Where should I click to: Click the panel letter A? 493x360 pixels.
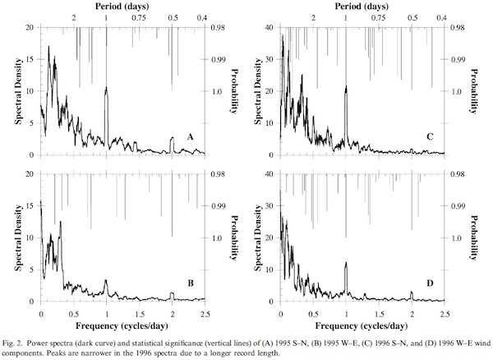click(190, 136)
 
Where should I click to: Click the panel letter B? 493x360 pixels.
click(190, 284)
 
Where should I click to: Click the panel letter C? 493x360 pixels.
click(430, 136)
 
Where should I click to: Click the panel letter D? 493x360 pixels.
click(430, 284)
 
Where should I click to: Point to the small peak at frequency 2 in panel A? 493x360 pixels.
click(172, 138)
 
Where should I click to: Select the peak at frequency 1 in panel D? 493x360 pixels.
click(346, 264)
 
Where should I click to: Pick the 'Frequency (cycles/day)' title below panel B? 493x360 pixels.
click(122, 326)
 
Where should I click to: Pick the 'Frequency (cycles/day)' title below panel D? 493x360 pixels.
click(362, 326)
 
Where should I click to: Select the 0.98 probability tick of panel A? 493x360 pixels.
click(219, 27)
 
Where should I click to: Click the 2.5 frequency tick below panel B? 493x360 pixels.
click(205, 314)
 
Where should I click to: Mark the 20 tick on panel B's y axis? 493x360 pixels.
click(31, 174)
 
